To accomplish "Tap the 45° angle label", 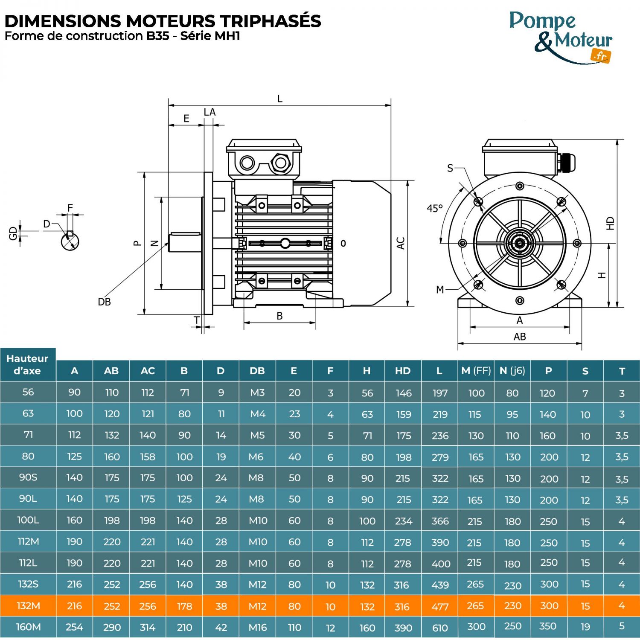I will pos(434,209).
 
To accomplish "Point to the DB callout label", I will pos(104,302).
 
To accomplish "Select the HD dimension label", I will pos(610,223).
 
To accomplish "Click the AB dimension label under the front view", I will pos(519,337).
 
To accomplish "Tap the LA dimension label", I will pos(209,112).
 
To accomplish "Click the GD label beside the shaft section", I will pos(13,233).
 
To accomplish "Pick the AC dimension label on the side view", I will pos(400,243).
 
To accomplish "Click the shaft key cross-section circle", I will pos(70,241).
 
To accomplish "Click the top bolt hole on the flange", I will pos(520,186).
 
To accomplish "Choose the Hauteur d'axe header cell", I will pos(28,364).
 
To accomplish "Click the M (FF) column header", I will pos(476,371).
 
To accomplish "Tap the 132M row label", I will pos(28,605).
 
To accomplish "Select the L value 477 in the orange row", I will pos(440,606).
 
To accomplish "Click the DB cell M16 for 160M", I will pos(258,627).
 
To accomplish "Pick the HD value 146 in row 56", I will pos(403,393).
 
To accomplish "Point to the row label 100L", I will pos(28,520).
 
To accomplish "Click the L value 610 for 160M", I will pos(440,628).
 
